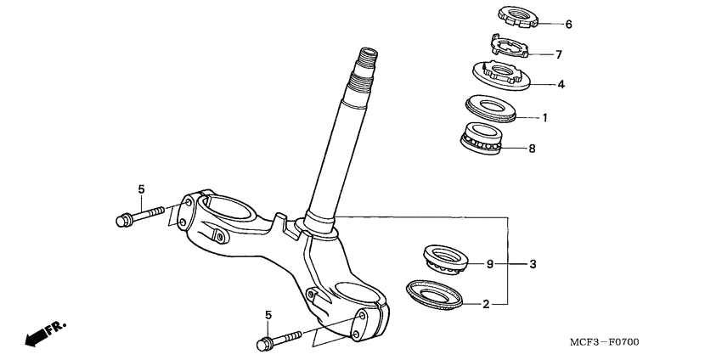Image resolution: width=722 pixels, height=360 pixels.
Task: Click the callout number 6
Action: pos(569,25)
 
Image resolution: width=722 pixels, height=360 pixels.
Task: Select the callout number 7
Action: pos(558,55)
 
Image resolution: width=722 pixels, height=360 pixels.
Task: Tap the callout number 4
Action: pos(561,85)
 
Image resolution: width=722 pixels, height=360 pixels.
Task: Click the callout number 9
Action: pos(489,265)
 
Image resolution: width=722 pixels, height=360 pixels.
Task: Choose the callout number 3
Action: pos(533,265)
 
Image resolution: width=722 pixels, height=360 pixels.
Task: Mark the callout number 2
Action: pos(486,303)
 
